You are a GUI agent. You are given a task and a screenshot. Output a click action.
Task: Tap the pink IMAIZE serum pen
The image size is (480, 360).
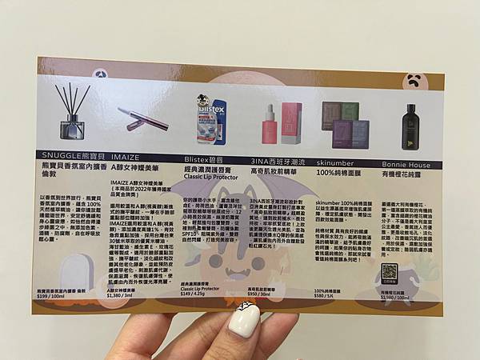(142, 118)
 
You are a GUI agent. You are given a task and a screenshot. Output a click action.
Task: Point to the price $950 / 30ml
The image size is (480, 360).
(264, 294)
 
